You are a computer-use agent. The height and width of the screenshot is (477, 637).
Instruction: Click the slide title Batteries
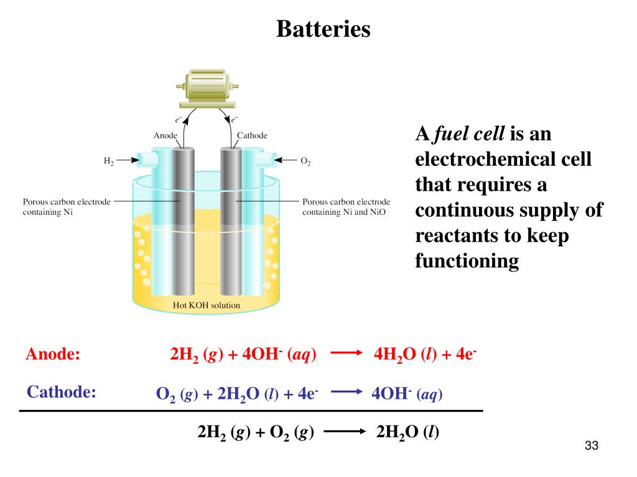pyautogui.click(x=323, y=29)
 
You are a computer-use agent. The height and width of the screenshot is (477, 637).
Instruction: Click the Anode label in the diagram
pyautogui.click(x=165, y=135)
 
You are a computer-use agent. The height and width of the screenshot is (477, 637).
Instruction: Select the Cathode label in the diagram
pyautogui.click(x=252, y=135)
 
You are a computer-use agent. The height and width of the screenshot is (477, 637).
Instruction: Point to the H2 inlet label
pyautogui.click(x=108, y=161)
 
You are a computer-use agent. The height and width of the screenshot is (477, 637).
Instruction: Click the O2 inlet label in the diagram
pyautogui.click(x=305, y=161)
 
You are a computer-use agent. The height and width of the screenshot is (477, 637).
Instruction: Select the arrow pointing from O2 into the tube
pyautogui.click(x=286, y=160)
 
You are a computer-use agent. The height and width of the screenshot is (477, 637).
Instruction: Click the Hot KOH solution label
pyautogui.click(x=206, y=306)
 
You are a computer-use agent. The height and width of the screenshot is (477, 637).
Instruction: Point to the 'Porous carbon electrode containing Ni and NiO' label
pyautogui.click(x=346, y=207)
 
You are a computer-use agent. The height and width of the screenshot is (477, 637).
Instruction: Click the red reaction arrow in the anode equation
pyautogui.click(x=346, y=355)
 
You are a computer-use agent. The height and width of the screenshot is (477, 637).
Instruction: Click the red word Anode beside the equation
pyautogui.click(x=53, y=355)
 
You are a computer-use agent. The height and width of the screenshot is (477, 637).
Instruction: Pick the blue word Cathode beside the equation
pyautogui.click(x=62, y=391)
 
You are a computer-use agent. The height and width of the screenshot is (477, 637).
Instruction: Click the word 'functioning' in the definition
pyautogui.click(x=467, y=261)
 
